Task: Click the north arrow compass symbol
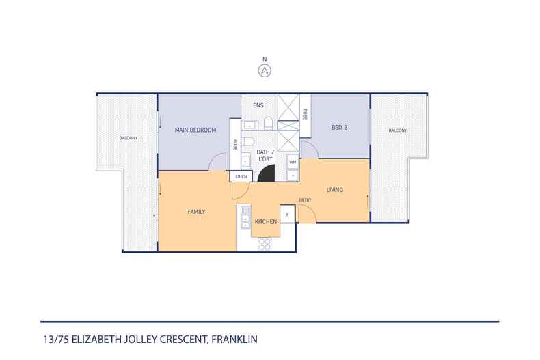(264, 70)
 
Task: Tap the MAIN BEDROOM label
(195, 130)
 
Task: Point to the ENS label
(258, 106)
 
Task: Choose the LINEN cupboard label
(241, 176)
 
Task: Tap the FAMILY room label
(197, 212)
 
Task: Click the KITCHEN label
(265, 223)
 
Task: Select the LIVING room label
(334, 189)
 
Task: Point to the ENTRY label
(305, 200)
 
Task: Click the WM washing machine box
(292, 162)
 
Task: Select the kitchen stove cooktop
(265, 244)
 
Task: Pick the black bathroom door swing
(267, 175)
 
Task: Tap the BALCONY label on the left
(128, 138)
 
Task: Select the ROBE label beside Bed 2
(305, 115)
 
